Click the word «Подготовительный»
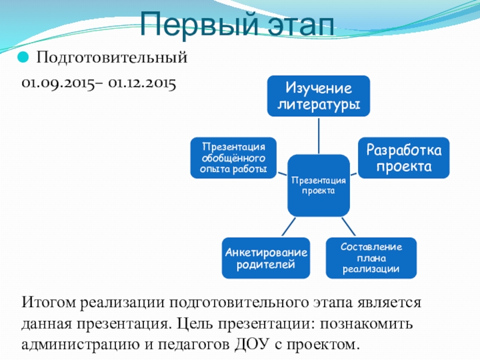[x=113, y=59]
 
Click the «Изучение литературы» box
[x=319, y=96]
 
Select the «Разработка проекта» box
[x=404, y=157]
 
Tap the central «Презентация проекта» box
[x=318, y=185]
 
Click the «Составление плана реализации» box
[x=371, y=258]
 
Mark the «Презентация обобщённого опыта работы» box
[x=234, y=158]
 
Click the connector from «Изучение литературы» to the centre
[x=319, y=135]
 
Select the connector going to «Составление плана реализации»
[x=349, y=227]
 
